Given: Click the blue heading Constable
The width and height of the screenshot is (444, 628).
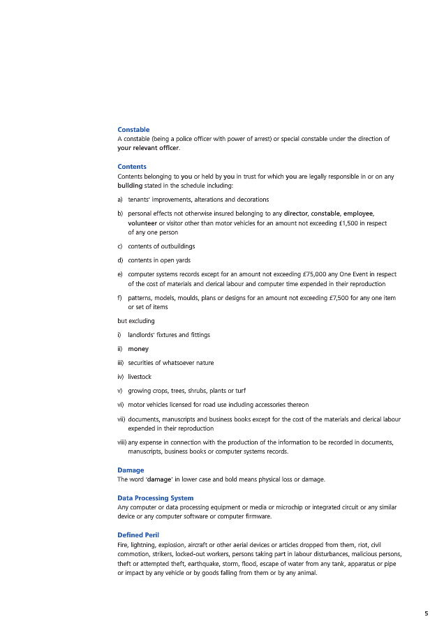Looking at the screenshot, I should pos(133,130).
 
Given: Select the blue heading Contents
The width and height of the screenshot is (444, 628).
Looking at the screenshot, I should pos(132,167).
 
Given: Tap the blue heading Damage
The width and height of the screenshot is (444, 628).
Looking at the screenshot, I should pos(131,470).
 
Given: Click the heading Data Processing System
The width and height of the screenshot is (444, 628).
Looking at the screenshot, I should pos(155,498).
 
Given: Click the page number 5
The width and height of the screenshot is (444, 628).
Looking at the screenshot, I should pos(426,613).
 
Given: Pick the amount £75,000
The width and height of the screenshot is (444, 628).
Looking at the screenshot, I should pos(315,275).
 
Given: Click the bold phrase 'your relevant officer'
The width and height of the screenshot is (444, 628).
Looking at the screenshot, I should pos(148,148).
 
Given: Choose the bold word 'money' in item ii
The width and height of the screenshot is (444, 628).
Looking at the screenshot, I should pos(138,349).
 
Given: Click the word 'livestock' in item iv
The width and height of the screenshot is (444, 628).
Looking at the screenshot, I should pos(140,377).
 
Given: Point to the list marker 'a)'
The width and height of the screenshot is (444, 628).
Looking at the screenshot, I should pos(121,200).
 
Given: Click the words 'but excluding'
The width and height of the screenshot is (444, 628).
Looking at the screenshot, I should pos(136,321).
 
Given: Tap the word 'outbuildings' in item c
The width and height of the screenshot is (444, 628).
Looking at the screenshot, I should pos(178,246).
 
